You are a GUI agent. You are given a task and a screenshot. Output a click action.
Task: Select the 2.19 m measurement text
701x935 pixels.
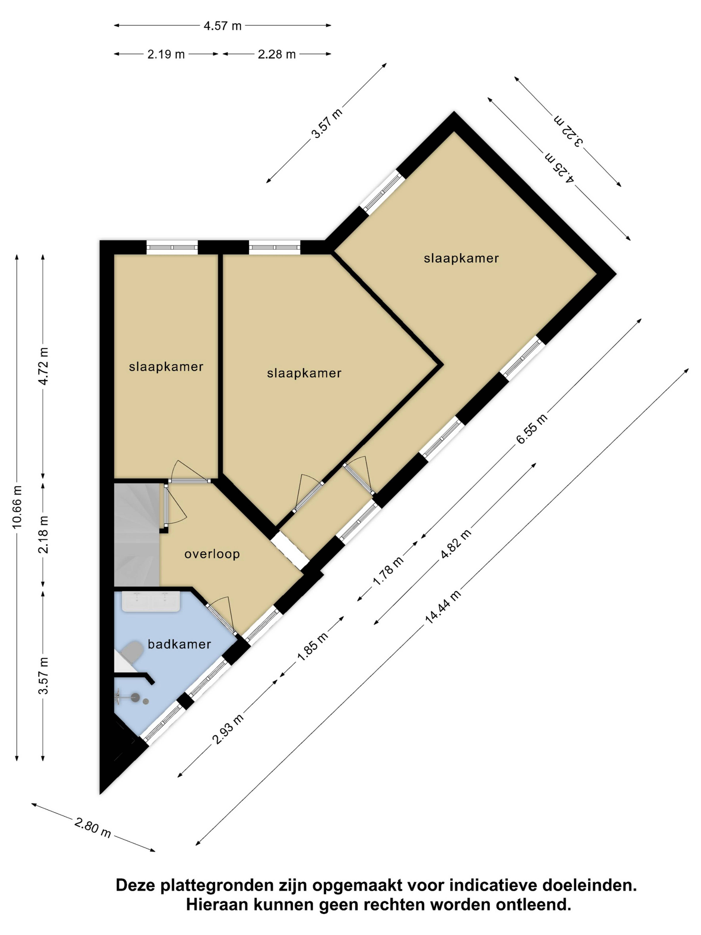click(166, 54)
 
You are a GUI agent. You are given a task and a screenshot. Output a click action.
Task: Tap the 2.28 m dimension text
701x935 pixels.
click(277, 54)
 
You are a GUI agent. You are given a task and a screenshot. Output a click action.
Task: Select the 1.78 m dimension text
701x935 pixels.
click(388, 571)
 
